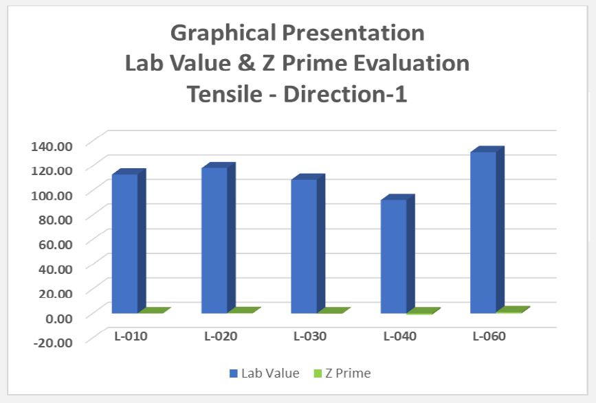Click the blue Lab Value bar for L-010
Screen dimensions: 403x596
point(124,244)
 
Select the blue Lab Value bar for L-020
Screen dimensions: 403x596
point(214,240)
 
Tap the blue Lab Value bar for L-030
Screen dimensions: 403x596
point(304,246)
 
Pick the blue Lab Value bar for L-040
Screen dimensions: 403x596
point(393,256)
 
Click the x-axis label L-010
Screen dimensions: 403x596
point(131,336)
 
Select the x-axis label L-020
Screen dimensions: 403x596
point(221,336)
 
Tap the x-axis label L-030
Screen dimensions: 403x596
point(310,336)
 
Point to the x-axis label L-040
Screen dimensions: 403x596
point(400,336)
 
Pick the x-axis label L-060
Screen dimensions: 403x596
point(489,336)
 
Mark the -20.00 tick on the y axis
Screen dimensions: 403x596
point(52,342)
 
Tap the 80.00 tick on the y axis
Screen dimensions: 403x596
point(54,219)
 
